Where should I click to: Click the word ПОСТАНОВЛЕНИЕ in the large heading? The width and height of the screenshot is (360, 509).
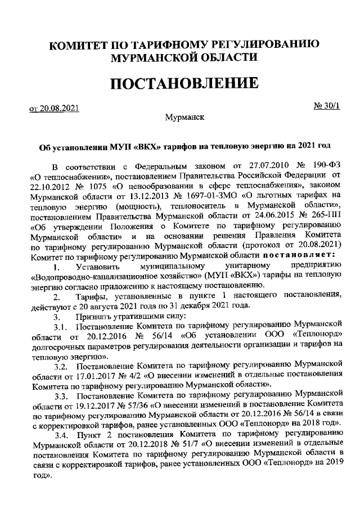[x=184, y=84]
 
